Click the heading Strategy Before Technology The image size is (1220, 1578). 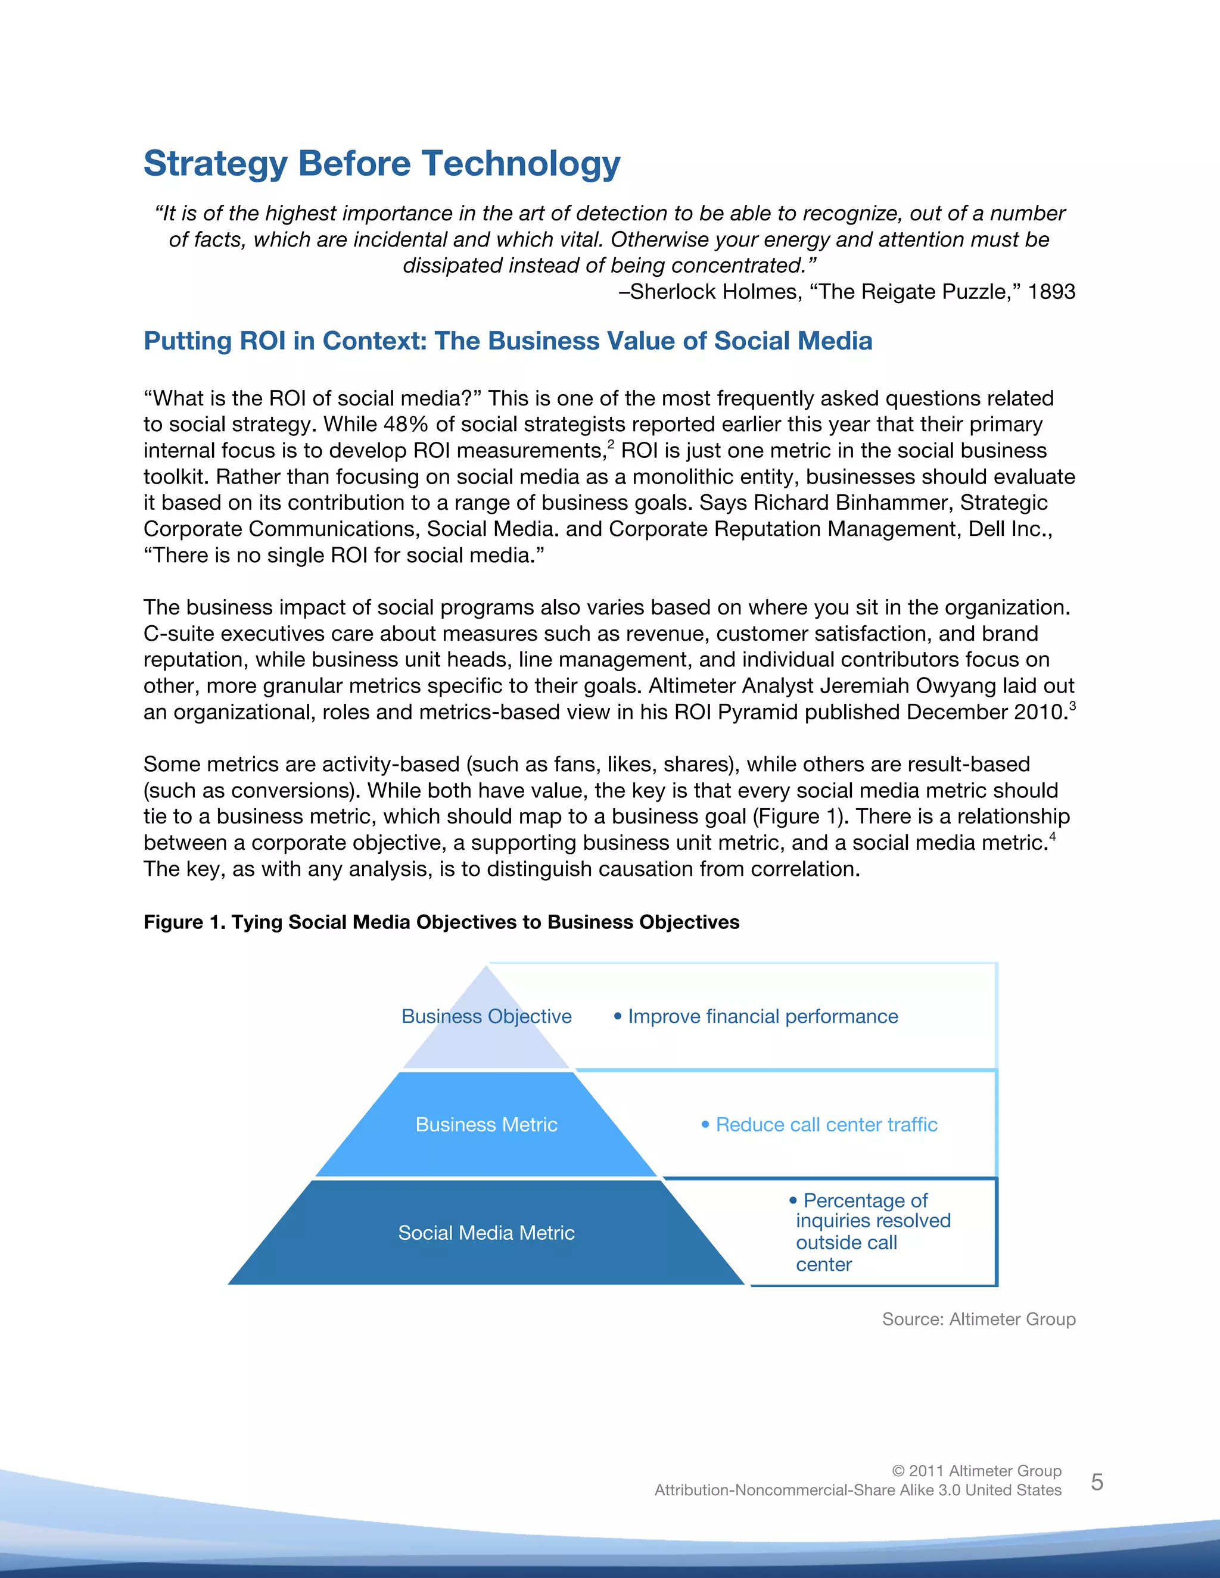[x=382, y=163]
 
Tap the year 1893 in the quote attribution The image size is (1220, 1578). [x=1051, y=292]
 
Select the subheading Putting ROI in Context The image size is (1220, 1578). [x=508, y=341]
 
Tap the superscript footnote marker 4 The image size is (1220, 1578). [x=1053, y=837]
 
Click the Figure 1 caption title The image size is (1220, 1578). [x=441, y=922]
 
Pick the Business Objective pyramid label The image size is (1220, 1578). [x=487, y=1016]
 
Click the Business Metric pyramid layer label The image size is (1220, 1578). [x=487, y=1125]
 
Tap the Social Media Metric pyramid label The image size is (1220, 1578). [x=487, y=1233]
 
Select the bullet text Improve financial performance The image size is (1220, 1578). [x=762, y=1016]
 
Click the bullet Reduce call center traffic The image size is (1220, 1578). [x=826, y=1125]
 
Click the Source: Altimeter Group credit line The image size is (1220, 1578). [x=979, y=1320]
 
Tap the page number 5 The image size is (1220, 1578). [x=1097, y=1483]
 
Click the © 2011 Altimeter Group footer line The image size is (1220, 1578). [x=976, y=1471]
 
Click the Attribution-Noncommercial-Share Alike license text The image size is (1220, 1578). [x=858, y=1490]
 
